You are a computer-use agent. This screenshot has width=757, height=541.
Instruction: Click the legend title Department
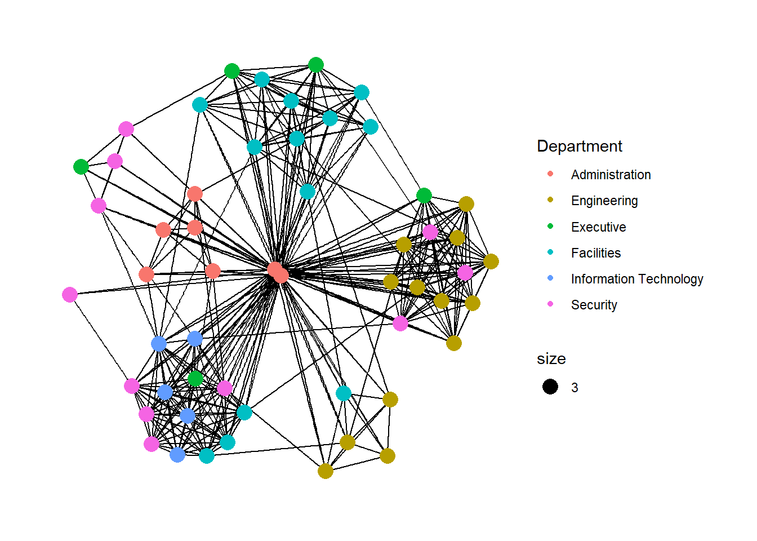pos(579,147)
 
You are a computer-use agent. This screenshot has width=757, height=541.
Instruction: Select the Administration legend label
pos(611,175)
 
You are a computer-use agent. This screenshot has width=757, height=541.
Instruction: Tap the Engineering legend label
pos(604,201)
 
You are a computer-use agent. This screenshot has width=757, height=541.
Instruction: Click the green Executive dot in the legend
pos(550,226)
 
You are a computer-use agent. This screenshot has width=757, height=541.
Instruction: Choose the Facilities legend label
pos(596,253)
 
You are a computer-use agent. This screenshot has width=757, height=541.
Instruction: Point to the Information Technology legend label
pos(637,279)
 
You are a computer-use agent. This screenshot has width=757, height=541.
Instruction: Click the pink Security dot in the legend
pos(550,304)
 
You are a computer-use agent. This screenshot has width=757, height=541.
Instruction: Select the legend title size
pos(551,359)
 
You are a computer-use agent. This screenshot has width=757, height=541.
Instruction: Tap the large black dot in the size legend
pos(550,387)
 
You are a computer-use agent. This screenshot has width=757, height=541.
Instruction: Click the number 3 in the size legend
pos(575,388)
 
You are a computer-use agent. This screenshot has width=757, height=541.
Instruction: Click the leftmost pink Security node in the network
pos(70,295)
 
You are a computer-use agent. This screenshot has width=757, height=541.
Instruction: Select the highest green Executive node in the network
pos(316,65)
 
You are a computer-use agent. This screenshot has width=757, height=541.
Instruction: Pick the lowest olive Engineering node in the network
pos(326,471)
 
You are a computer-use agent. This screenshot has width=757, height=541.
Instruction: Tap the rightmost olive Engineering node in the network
pos(491,261)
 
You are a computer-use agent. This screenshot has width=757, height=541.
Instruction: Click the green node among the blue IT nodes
pos(195,378)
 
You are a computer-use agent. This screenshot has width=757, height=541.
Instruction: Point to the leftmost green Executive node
pos(81,167)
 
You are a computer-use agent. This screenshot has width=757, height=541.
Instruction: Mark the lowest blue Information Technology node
pos(177,454)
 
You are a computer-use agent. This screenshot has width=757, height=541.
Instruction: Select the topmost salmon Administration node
pos(195,194)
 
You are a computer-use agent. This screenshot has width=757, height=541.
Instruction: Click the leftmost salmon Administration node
pos(146,274)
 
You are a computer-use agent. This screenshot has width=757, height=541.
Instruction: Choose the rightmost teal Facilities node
pos(371,127)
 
